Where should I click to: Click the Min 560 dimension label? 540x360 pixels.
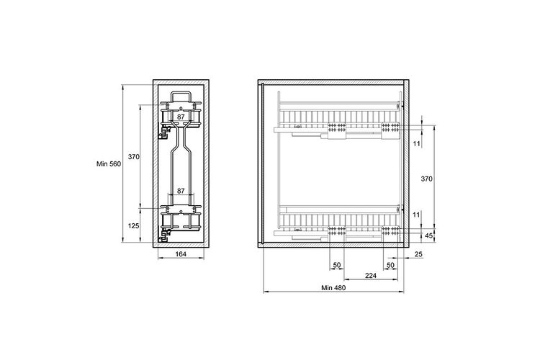pyautogui.click(x=109, y=164)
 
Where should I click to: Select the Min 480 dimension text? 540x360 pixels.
pyautogui.click(x=333, y=288)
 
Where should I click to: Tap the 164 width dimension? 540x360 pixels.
pyautogui.click(x=181, y=254)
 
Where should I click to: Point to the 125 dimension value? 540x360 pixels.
pyautogui.click(x=134, y=226)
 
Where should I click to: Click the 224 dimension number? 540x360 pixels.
pyautogui.click(x=371, y=276)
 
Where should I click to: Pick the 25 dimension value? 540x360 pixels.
pyautogui.click(x=418, y=255)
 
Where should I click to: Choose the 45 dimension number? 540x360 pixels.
pyautogui.click(x=429, y=236)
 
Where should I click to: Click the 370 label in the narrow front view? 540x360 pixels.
pyautogui.click(x=134, y=157)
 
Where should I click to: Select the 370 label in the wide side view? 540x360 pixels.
pyautogui.click(x=427, y=179)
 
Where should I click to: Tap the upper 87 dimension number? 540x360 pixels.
pyautogui.click(x=181, y=117)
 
